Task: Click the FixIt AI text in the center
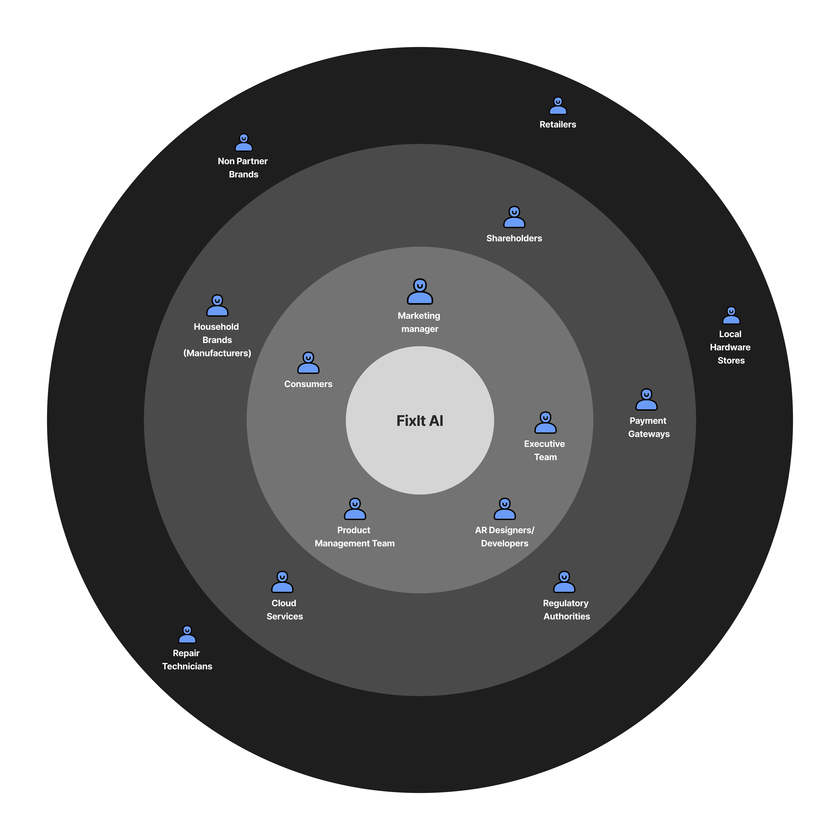420,421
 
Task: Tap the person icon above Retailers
558,106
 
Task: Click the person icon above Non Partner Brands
243,143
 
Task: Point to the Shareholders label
514,238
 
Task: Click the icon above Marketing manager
420,292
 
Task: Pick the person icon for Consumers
308,363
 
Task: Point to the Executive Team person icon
545,423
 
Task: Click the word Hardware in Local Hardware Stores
730,347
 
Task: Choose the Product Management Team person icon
355,509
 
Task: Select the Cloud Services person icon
282,582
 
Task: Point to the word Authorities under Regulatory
566,617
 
